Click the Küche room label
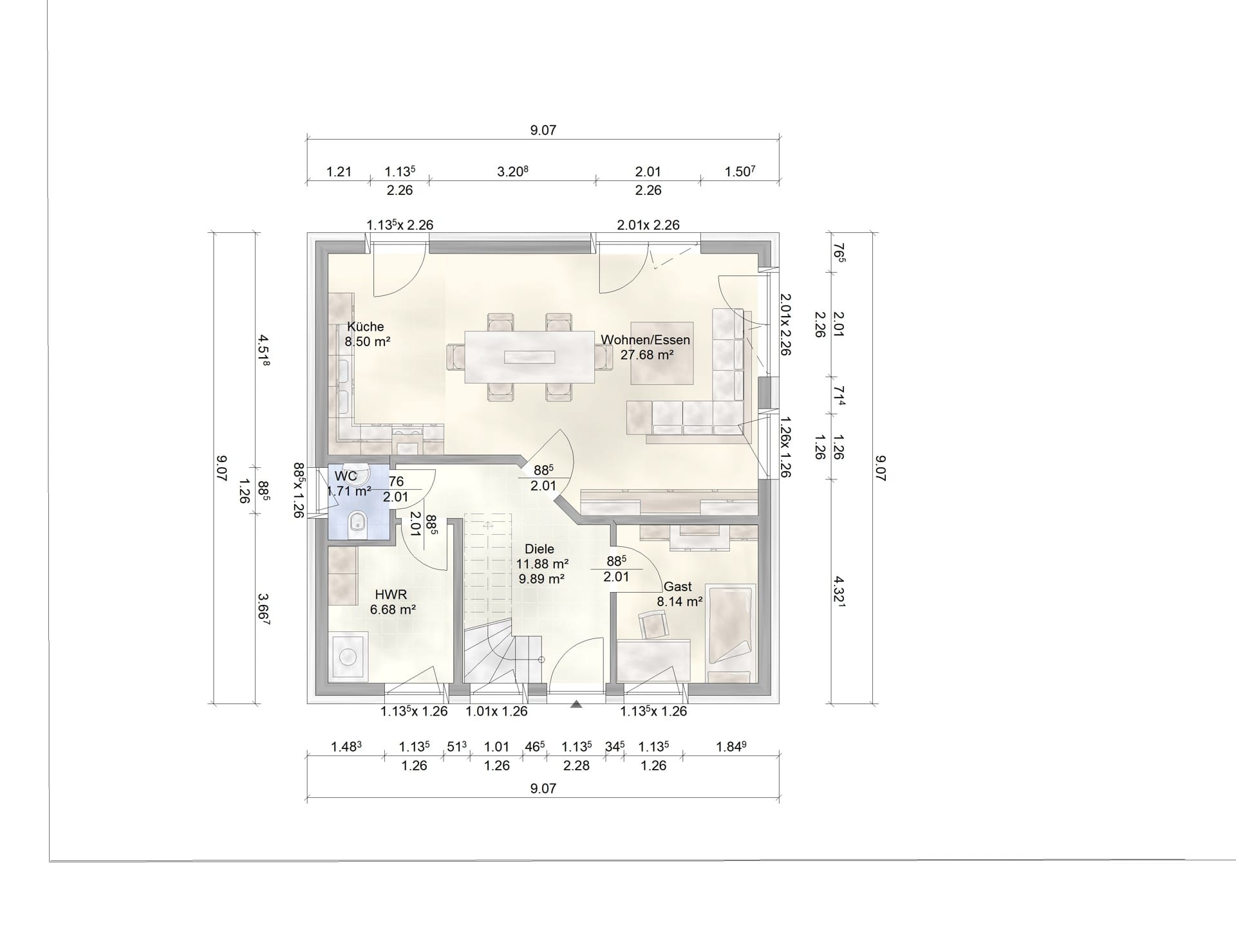click(365, 326)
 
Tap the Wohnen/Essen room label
click(645, 340)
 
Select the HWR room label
click(391, 595)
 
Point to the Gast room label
click(677, 587)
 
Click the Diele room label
click(539, 549)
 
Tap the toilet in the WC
click(357, 523)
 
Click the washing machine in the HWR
click(348, 656)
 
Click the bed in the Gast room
click(731, 633)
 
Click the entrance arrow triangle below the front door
click(576, 705)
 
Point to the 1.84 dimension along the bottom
click(732, 746)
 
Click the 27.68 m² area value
click(647, 355)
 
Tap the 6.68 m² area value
click(393, 609)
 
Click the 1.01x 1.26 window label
click(497, 711)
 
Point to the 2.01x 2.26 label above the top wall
click(648, 225)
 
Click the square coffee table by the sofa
click(662, 353)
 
